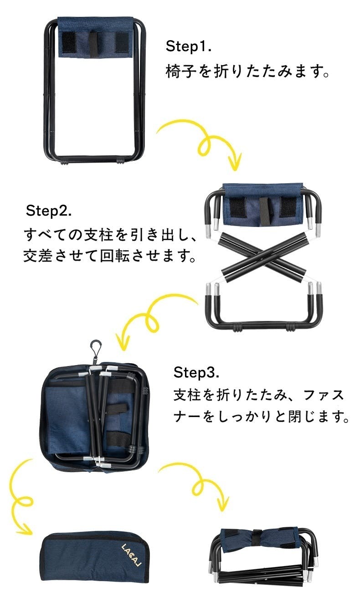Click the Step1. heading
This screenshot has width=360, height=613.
click(x=188, y=46)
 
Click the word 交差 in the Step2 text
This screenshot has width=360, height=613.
click(x=37, y=257)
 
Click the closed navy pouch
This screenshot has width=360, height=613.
click(x=95, y=556)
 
